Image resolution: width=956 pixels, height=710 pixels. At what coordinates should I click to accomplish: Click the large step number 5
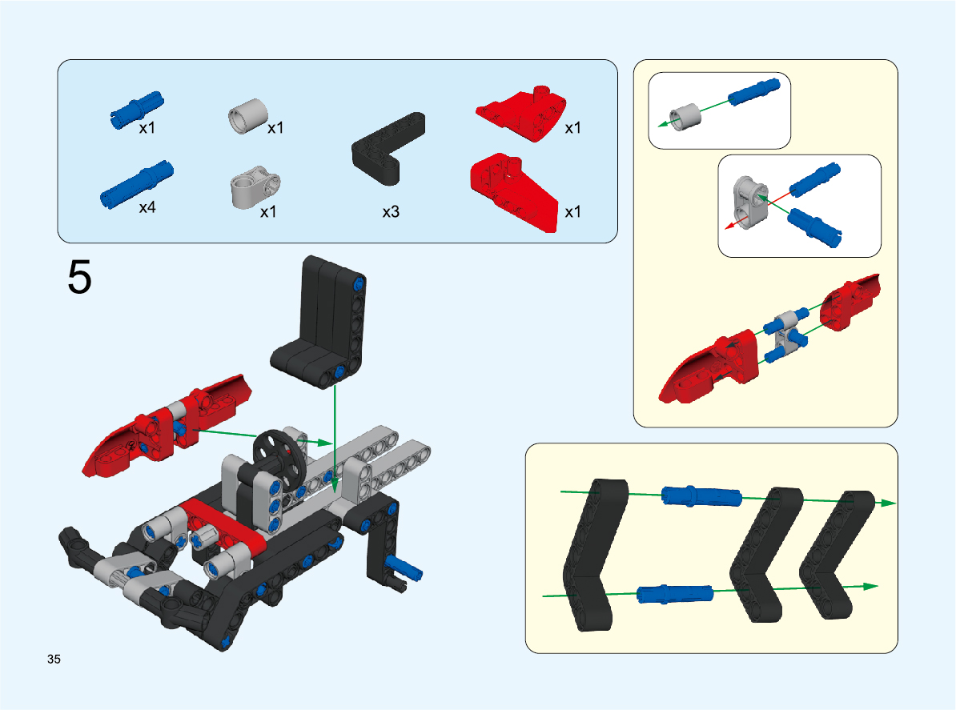tap(79, 277)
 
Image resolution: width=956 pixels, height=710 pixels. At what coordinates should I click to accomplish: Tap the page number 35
tap(54, 659)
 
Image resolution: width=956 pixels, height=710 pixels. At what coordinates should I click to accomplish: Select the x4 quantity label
tap(147, 207)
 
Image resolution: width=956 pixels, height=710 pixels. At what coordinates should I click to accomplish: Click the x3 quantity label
tap(391, 211)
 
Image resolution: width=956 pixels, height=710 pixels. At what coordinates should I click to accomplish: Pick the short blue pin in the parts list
tap(137, 110)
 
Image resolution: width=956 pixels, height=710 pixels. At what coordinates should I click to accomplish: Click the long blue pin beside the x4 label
tap(137, 185)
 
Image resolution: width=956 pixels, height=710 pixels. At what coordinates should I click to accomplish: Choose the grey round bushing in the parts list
tap(248, 116)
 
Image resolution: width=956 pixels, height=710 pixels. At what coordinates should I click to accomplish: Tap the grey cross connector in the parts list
tap(255, 187)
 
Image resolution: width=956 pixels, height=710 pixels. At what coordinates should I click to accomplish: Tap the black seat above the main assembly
tap(319, 322)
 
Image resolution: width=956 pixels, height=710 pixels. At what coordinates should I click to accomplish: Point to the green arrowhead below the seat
tap(334, 485)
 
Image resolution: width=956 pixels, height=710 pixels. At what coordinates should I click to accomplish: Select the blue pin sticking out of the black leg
tap(403, 568)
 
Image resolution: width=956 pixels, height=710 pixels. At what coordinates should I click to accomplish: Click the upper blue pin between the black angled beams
tap(701, 496)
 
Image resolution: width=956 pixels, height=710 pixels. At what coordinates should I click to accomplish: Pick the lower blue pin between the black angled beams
tap(675, 594)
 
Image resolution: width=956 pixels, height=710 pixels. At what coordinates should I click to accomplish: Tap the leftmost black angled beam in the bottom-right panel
tap(595, 555)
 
